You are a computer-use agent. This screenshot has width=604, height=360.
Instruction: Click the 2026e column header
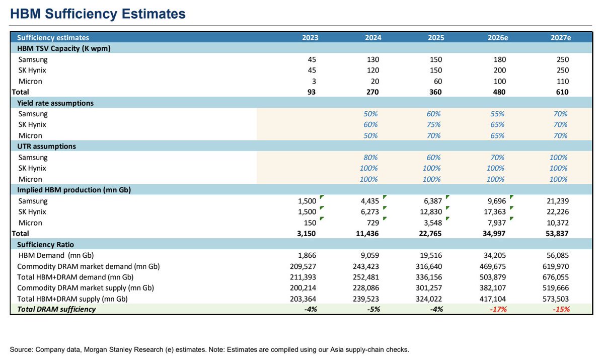pos(498,37)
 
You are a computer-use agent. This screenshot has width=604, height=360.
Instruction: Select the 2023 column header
pos(310,37)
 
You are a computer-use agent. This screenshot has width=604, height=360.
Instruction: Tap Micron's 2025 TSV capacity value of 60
pos(438,81)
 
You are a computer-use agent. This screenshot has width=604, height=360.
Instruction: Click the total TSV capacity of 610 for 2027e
pos(562,92)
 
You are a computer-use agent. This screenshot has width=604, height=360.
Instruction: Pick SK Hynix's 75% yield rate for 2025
pos(433,124)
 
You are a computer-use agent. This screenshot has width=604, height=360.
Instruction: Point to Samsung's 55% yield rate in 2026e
pos(497,114)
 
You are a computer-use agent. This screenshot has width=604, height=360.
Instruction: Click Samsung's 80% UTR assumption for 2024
pos(370,157)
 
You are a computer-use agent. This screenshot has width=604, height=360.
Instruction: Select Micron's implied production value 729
pos(373,223)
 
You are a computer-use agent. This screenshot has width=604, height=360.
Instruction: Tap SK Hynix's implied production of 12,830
pos(431,211)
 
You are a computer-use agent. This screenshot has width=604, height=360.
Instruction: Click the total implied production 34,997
pos(494,234)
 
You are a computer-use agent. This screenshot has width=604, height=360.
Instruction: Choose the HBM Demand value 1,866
pos(307,255)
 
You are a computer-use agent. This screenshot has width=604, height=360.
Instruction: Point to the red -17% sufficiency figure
pos(498,309)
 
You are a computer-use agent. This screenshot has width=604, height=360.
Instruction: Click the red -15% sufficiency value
pos(561,309)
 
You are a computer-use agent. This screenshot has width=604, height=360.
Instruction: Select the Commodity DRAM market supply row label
pos(86,288)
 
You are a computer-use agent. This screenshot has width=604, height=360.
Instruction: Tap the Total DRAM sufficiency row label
pos(56,309)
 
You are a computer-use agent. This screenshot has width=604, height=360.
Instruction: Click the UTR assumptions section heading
pos(47,147)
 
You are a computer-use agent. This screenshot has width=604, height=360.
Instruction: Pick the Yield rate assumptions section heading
pos(55,103)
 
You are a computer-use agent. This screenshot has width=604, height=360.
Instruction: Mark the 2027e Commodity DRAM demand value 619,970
pos(556,266)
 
